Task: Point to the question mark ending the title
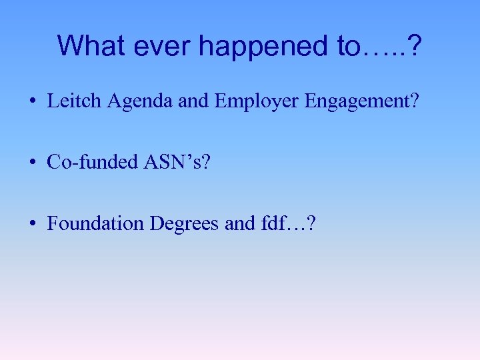(414, 46)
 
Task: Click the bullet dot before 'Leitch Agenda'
(33, 102)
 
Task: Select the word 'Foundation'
(96, 223)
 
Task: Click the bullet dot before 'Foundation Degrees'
(33, 223)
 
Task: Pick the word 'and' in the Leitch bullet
(194, 101)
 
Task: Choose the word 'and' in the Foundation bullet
(239, 223)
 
